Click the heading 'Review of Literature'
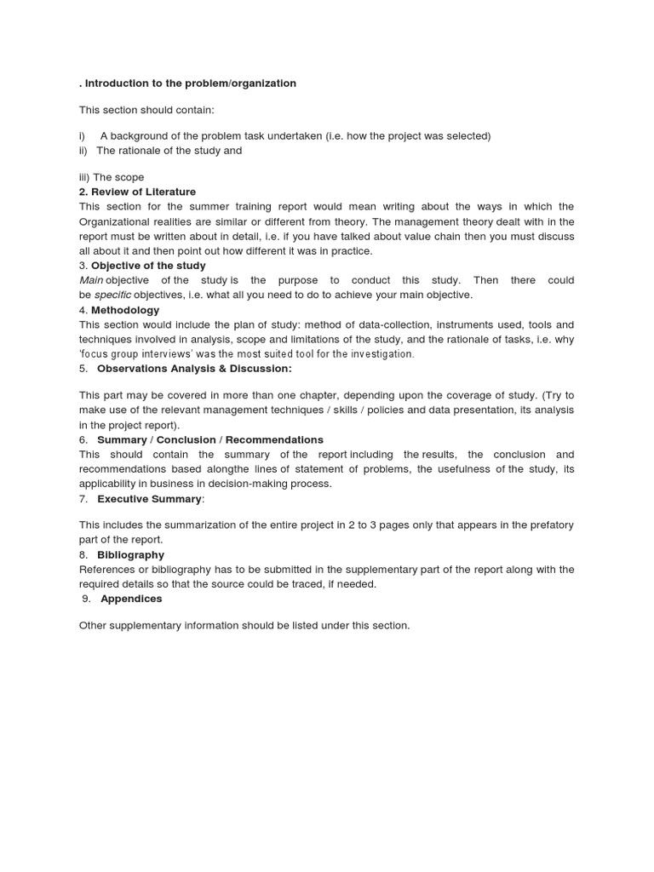tap(143, 192)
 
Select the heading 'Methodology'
tap(125, 310)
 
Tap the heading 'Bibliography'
tap(130, 554)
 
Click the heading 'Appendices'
tap(131, 599)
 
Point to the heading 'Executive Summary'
tap(150, 498)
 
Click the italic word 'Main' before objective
tap(91, 280)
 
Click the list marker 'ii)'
tap(83, 151)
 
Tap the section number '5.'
tap(83, 369)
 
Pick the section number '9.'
tap(86, 599)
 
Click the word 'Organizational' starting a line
tap(114, 221)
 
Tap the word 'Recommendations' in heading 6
tap(274, 439)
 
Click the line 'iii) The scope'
tap(112, 177)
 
